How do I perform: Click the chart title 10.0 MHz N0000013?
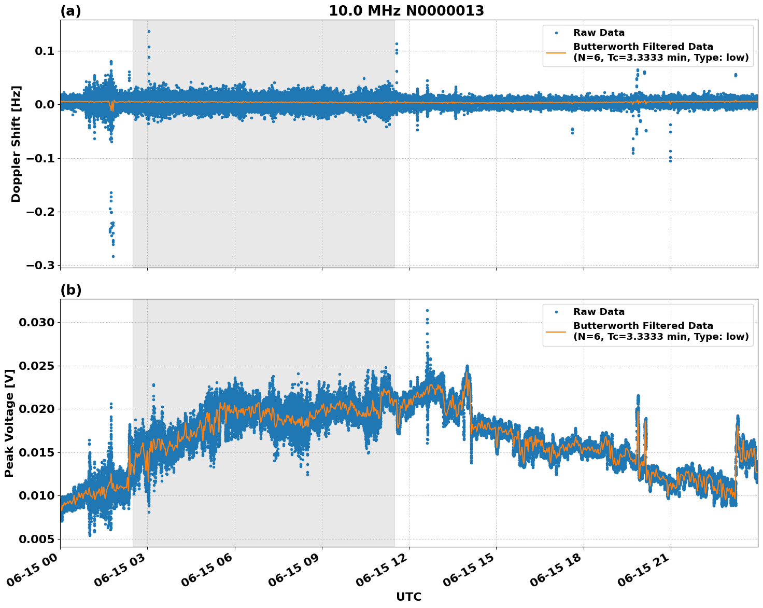(406, 11)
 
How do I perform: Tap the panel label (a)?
(70, 11)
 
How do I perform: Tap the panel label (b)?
(71, 290)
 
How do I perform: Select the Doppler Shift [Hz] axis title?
(16, 144)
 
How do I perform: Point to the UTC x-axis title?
(408, 597)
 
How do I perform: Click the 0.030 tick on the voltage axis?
(36, 322)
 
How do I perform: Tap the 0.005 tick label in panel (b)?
(36, 539)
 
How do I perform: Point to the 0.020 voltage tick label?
(36, 409)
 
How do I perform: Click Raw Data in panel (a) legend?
(599, 33)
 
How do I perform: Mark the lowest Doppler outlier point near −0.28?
(113, 256)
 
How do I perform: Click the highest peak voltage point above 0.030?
(427, 310)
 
